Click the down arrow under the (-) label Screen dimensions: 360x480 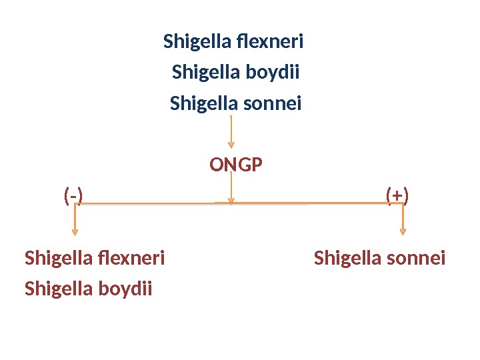(x=75, y=220)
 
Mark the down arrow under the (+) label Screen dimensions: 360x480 (x=402, y=220)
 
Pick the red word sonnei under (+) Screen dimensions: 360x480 (x=416, y=257)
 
